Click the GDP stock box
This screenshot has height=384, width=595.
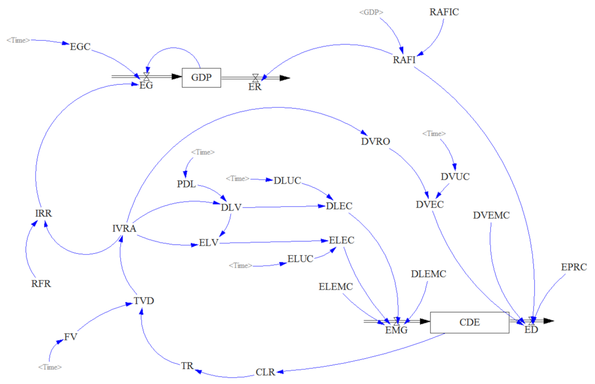point(201,78)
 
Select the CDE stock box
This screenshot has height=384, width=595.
point(469,322)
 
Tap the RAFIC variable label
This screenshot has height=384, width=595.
point(444,12)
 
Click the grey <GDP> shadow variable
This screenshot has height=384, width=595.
point(371,12)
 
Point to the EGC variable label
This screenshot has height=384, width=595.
point(80,47)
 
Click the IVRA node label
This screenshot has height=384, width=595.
point(124,228)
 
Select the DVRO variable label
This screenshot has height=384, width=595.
point(375,142)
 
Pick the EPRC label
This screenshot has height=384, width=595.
point(574,267)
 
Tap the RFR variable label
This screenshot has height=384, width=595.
point(41,284)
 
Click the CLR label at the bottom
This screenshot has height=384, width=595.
point(265,372)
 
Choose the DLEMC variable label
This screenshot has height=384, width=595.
point(428,274)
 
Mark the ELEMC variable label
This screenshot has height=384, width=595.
point(336,287)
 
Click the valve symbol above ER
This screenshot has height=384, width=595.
point(255,78)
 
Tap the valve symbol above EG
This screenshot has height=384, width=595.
point(146,76)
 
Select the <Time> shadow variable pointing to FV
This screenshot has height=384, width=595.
point(50,367)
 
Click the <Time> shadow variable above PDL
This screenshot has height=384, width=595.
point(203,152)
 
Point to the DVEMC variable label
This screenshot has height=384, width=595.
point(491,215)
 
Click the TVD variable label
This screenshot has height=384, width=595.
point(144,301)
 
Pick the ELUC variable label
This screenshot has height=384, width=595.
point(300,259)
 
